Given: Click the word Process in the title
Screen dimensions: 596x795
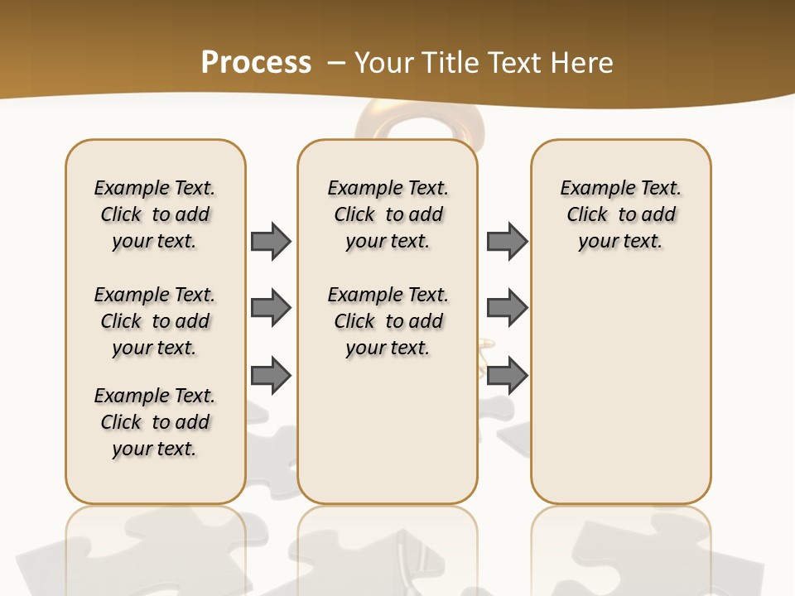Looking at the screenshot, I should point(256,62).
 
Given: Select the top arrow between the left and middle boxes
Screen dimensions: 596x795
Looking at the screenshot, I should point(271,241).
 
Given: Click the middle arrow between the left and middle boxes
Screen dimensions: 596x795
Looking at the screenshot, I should point(271,308).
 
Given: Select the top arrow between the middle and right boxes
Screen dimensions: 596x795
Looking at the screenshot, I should point(508,241).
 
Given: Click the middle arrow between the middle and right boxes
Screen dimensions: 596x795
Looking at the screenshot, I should point(508,308).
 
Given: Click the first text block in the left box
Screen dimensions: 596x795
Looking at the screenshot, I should point(155,214).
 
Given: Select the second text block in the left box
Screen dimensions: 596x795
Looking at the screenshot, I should point(155,321).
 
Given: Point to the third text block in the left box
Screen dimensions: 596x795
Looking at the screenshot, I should point(155,422).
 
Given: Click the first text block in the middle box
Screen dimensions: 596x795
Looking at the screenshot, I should point(388,214).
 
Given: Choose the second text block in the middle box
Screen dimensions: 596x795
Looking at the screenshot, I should point(388,321).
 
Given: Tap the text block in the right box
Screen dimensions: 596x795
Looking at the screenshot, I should point(621,214).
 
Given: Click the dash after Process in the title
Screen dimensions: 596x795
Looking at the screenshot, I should point(336,63).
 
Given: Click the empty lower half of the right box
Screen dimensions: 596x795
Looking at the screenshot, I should point(621,397).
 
